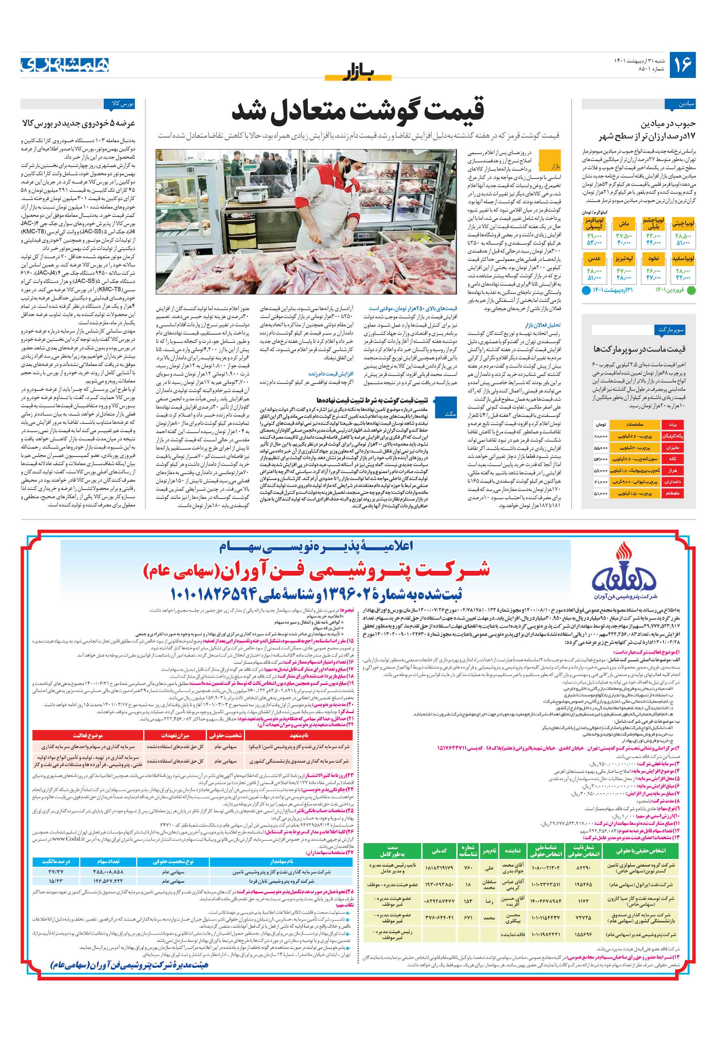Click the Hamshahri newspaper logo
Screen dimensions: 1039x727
click(65, 65)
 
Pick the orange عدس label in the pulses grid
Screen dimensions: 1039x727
click(594, 259)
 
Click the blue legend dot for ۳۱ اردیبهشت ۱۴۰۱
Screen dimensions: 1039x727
click(585, 290)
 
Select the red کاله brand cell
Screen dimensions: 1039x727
click(672, 459)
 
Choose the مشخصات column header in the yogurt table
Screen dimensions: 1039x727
click(634, 425)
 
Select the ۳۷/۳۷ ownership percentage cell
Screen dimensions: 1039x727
click(55, 872)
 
